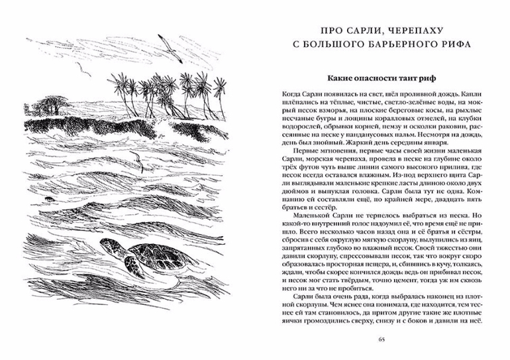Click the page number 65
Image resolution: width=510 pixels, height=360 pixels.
point(381,341)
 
